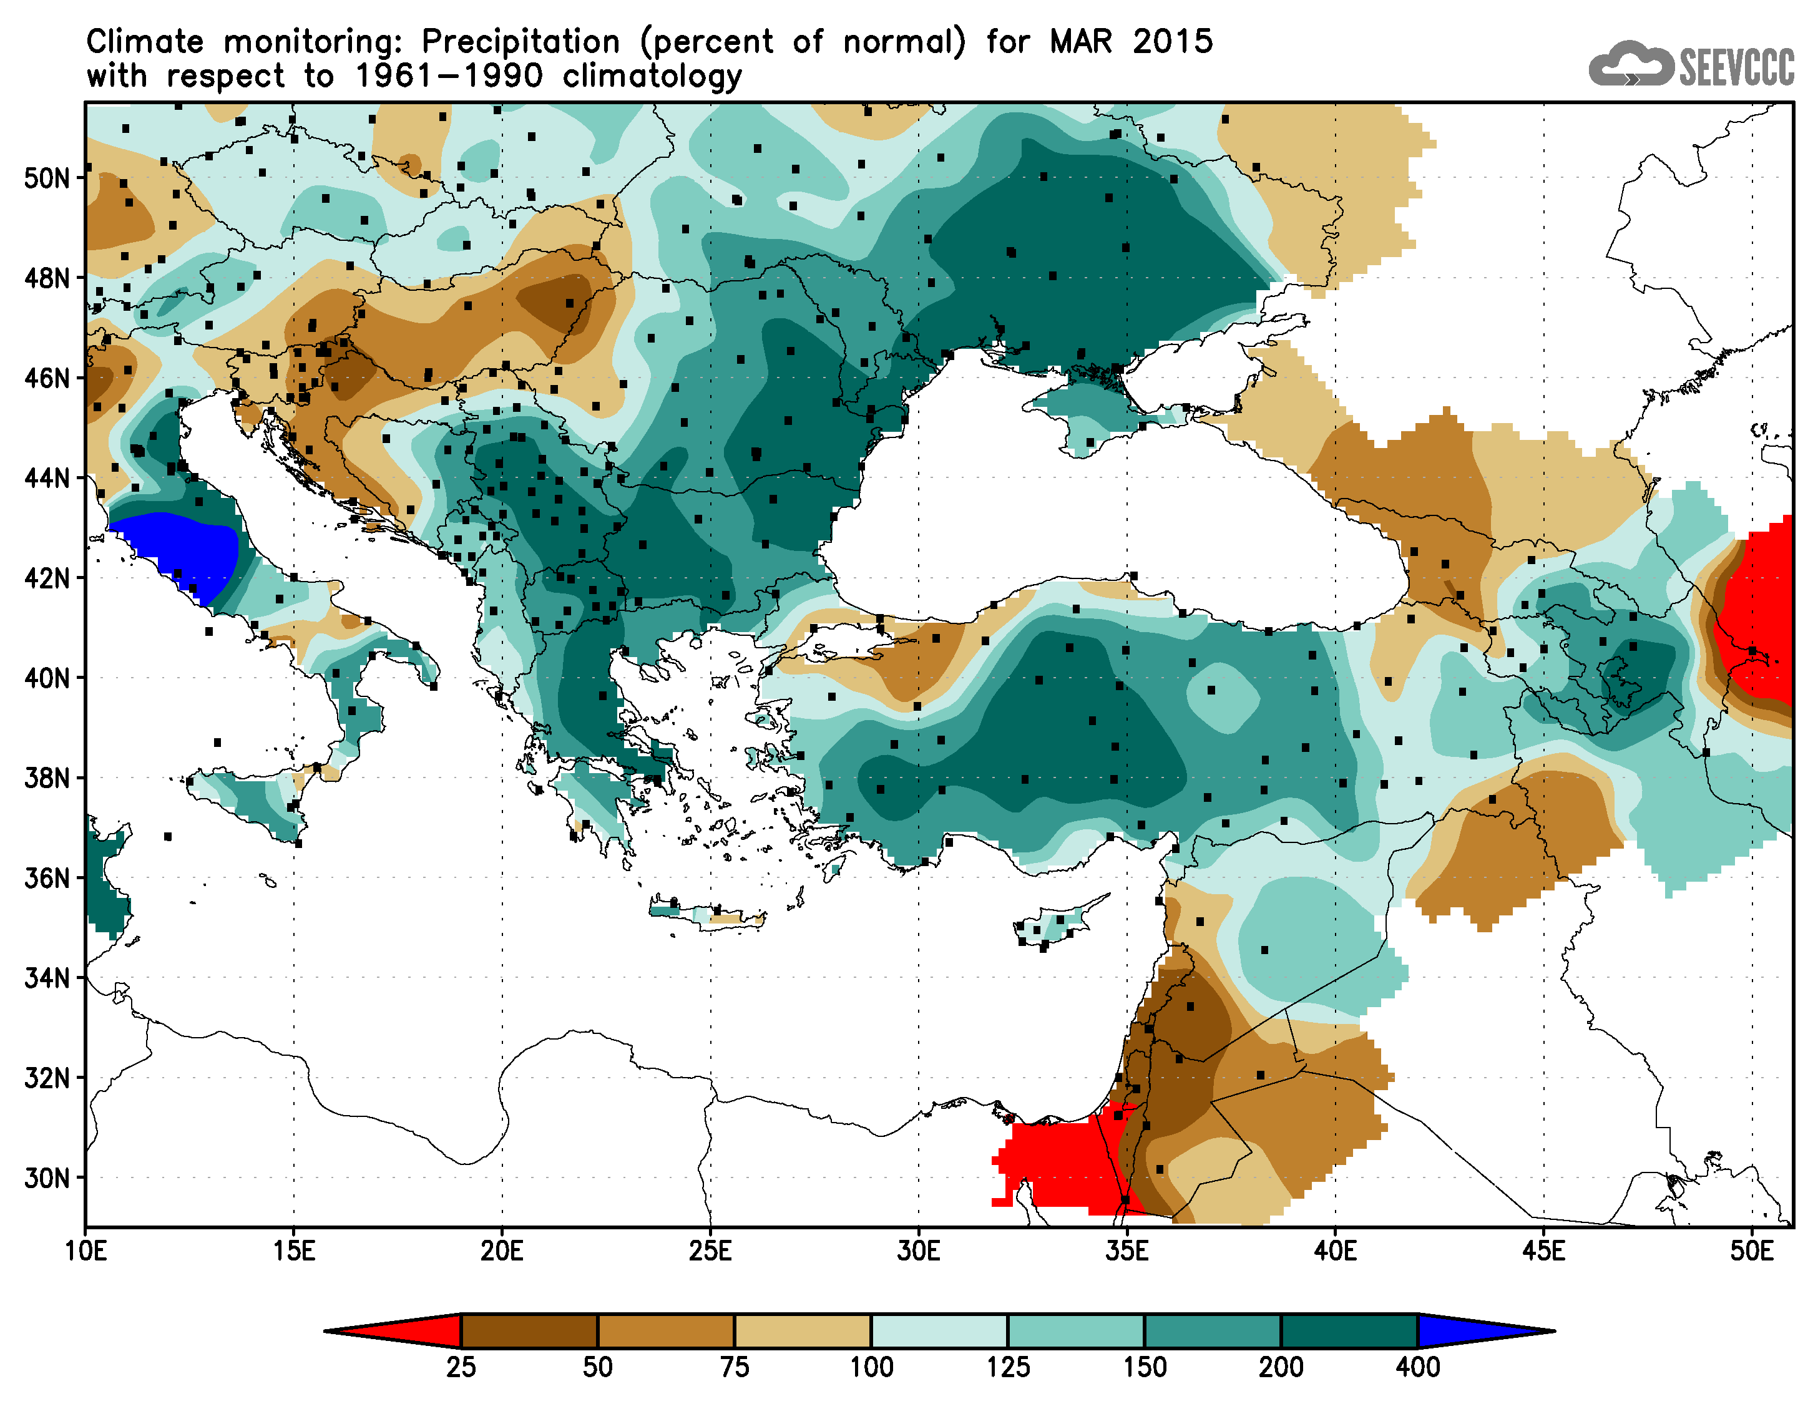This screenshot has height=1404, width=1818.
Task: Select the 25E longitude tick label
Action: coord(710,1251)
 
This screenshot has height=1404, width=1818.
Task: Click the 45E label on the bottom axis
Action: coord(1543,1251)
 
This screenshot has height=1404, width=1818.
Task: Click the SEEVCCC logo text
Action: coord(1736,67)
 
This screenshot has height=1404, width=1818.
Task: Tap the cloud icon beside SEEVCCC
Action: coord(1630,64)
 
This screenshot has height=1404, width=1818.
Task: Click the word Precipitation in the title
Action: coord(521,42)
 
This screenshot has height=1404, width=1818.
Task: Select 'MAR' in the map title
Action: coord(1080,42)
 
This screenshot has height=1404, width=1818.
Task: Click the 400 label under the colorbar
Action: coord(1417,1367)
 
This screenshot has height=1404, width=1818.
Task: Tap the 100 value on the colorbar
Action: coord(871,1367)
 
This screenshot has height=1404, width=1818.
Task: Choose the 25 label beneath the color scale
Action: coord(461,1367)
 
